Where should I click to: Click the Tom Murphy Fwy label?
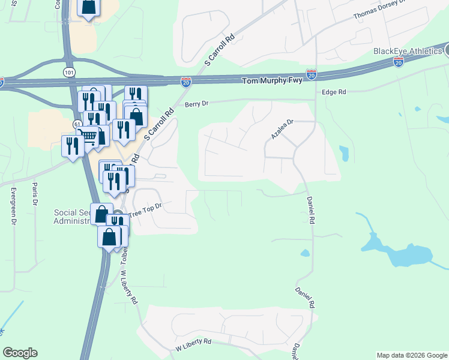(x=272, y=81)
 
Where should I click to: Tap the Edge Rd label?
(x=334, y=92)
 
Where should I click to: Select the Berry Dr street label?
(x=196, y=104)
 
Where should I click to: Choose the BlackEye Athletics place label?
(x=408, y=51)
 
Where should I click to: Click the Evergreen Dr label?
(x=12, y=204)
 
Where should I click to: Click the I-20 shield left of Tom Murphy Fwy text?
(x=186, y=82)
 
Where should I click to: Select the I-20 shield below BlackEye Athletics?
(x=398, y=62)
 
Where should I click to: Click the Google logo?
(x=20, y=353)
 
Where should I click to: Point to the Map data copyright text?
(x=411, y=355)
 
